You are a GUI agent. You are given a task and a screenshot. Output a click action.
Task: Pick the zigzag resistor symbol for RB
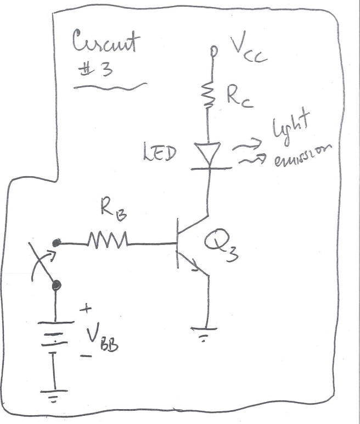pyautogui.click(x=108, y=240)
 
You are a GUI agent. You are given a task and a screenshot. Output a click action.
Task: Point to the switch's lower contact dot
pyautogui.click(x=56, y=285)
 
